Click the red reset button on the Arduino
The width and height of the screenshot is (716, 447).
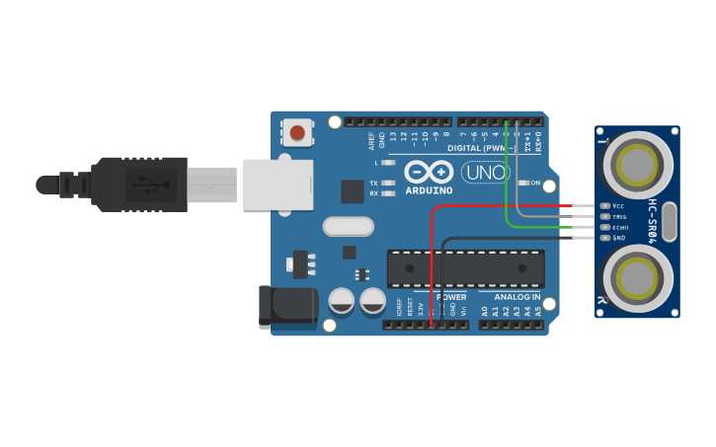(297, 131)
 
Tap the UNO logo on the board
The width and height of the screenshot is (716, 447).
(486, 172)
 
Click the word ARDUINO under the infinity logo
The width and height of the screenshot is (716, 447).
(428, 189)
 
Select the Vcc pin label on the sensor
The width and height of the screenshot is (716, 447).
(618, 206)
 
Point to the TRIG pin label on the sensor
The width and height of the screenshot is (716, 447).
(619, 217)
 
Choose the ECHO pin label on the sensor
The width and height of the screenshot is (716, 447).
(619, 228)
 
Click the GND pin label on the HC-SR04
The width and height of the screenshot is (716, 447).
(619, 238)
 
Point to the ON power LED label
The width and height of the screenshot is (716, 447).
(535, 184)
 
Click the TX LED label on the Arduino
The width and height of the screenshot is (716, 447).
(373, 184)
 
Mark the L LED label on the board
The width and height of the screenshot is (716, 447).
(376, 162)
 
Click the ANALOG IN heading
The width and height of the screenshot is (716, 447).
(517, 296)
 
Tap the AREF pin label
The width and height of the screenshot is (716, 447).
(371, 139)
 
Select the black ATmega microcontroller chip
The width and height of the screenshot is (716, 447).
(465, 266)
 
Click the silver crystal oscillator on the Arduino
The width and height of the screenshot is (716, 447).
(349, 227)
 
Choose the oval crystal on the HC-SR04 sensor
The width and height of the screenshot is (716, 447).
(669, 222)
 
